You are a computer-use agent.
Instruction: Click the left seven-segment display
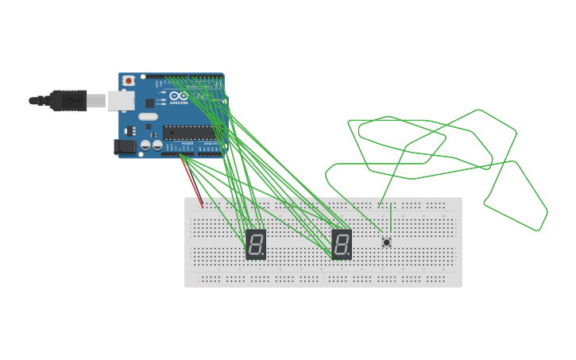pos(256,244)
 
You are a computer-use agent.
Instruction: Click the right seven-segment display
pos(342,244)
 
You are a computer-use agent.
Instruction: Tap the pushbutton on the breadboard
pos(387,242)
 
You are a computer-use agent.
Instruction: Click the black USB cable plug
pos(68,100)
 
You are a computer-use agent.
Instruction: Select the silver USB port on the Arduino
pos(121,100)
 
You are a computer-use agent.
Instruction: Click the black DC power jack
pos(124,146)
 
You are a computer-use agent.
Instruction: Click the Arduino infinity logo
pos(178,95)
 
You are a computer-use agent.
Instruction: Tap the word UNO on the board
pos(201,96)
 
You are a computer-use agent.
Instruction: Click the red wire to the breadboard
pos(191,181)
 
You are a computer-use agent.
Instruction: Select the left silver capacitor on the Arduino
pos(145,145)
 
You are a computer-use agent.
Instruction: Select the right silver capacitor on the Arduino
pos(157,145)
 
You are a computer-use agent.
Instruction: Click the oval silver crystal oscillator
pos(148,117)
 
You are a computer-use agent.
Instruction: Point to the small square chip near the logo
pos(149,103)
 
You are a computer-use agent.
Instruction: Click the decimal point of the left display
pos(263,254)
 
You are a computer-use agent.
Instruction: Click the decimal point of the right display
pos(349,254)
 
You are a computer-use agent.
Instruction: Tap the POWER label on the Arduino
pos(187,144)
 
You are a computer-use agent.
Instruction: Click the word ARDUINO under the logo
pos(179,103)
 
